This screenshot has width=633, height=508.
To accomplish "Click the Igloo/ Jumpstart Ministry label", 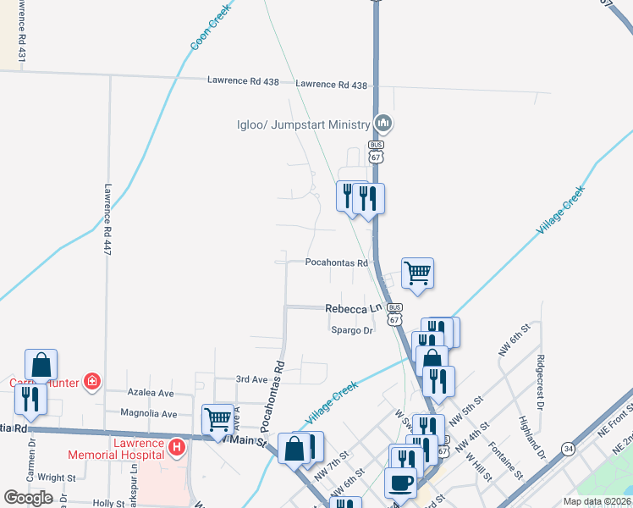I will pos(303,124).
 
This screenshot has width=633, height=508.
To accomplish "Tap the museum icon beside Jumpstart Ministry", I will pos(383,124).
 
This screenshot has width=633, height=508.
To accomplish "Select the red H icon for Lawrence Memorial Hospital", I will pos(177,445).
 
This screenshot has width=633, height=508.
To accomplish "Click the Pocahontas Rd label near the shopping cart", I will pos(337,263).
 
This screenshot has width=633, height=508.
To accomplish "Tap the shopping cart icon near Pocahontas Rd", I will pos(417,273).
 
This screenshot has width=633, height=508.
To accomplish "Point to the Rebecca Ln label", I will pos(354,310).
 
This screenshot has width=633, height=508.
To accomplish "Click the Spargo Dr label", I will pos(351,330).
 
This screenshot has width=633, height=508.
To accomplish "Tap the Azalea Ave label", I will pos(151,394).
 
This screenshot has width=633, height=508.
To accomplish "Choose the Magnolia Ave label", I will pos(149,414).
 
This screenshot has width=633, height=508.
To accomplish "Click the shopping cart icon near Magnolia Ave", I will pos(217,418).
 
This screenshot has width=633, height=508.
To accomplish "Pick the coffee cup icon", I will pos(400,483).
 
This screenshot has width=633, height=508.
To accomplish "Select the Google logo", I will pos(28,498).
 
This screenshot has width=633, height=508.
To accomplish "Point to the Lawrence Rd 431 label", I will pos(22,30).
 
